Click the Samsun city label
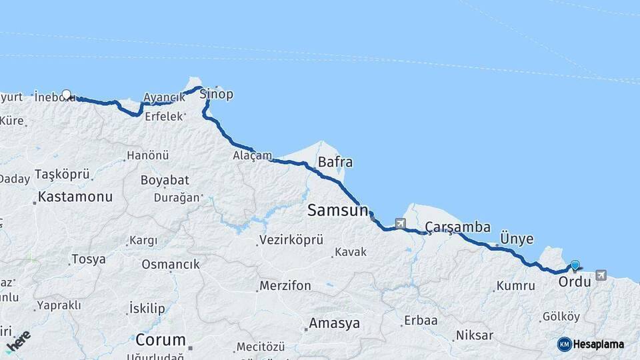click(x=337, y=211)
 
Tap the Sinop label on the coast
click(x=217, y=94)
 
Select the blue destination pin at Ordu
click(x=575, y=265)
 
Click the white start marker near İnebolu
click(x=67, y=95)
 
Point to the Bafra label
click(x=335, y=162)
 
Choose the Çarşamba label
click(x=458, y=227)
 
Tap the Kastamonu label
click(x=75, y=197)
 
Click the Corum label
click(x=160, y=339)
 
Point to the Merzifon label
click(x=285, y=286)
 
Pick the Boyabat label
click(x=165, y=180)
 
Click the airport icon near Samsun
click(x=400, y=223)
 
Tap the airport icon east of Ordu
click(x=601, y=275)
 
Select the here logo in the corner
click(x=18, y=341)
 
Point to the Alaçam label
click(x=252, y=156)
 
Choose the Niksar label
click(x=475, y=335)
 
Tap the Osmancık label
click(x=171, y=265)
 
